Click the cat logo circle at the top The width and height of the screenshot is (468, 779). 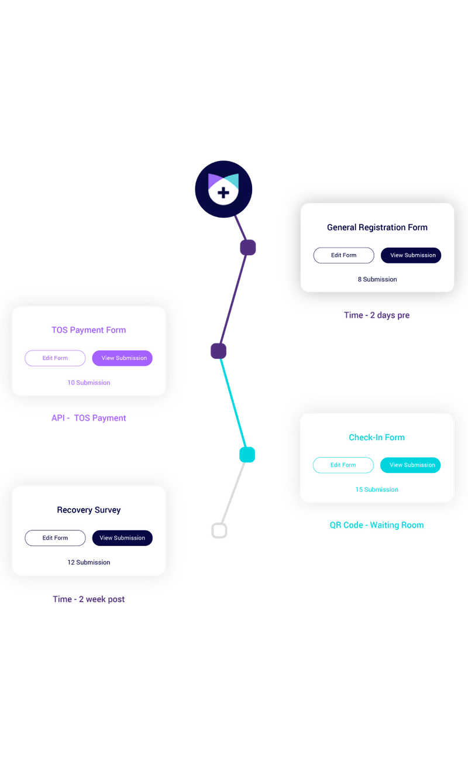coord(223,188)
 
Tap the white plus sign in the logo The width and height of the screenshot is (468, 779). coord(223,193)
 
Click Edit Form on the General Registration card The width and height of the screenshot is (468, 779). coord(343,255)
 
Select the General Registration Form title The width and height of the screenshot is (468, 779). coord(377,227)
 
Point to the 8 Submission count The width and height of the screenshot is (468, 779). coord(377,279)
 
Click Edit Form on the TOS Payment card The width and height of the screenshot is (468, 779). coord(55,358)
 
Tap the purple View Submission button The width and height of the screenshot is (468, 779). coord(122,358)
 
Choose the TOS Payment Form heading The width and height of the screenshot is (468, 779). coord(88,330)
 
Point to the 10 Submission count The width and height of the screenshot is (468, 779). coord(88,383)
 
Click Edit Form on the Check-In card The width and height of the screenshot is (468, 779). coord(343,465)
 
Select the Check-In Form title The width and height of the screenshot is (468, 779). coord(377,437)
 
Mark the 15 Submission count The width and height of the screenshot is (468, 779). coord(377,489)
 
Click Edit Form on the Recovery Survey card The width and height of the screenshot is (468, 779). coord(55,538)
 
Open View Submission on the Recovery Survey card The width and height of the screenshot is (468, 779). coord(122,538)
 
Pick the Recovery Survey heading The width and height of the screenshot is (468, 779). coord(88,510)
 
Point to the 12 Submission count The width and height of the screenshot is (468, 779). coord(88,562)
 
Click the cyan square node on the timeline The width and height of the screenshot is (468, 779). coord(247,454)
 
